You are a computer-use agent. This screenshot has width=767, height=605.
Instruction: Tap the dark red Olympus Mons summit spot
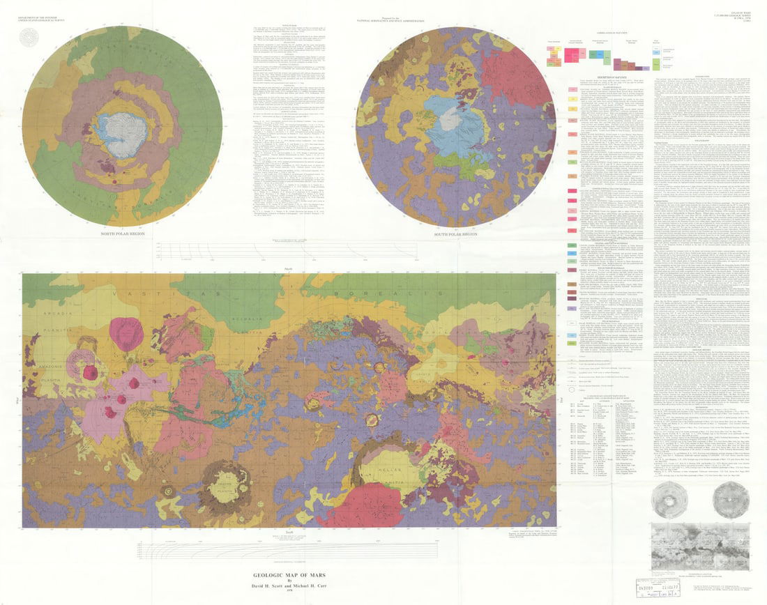91,372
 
